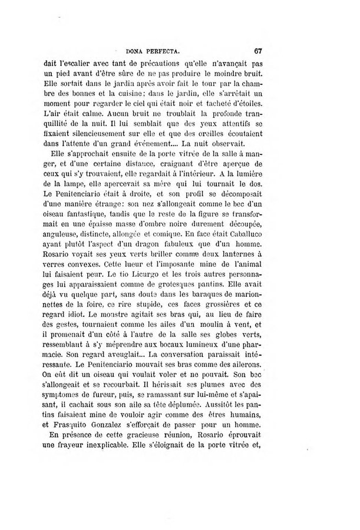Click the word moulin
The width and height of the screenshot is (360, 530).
point(217,348)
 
